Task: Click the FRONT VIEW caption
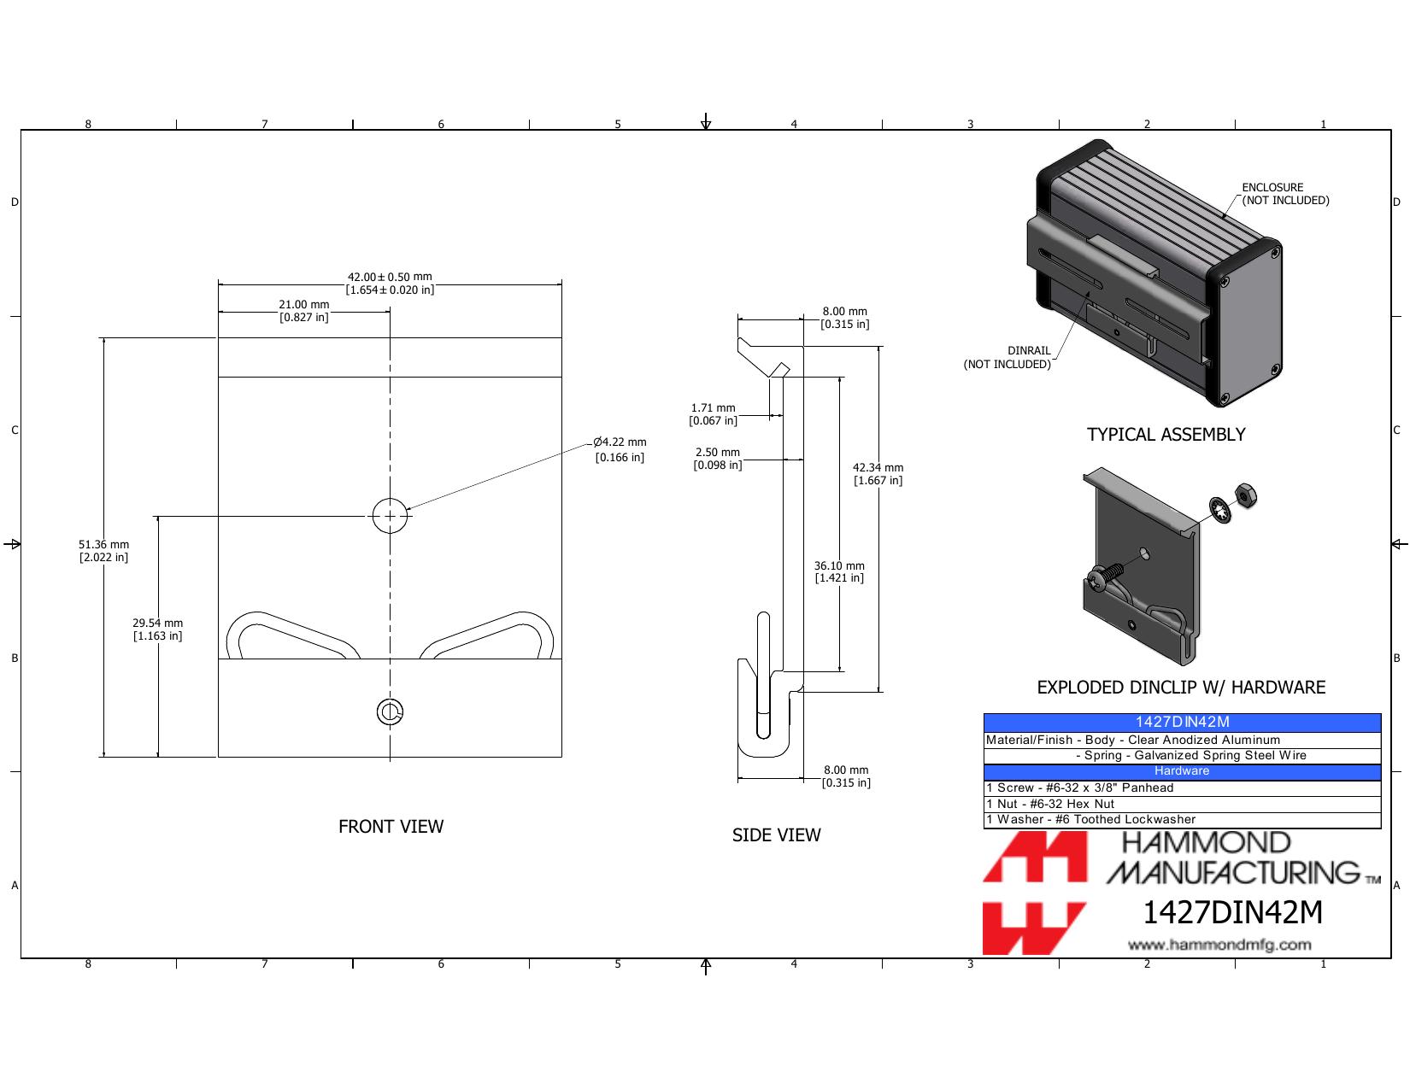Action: click(x=391, y=826)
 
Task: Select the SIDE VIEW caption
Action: click(x=776, y=834)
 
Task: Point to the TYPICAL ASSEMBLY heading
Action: click(x=1166, y=435)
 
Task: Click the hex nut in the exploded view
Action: click(x=1245, y=495)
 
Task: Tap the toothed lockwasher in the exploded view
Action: click(x=1220, y=510)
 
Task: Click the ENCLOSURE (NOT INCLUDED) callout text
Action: click(x=1284, y=194)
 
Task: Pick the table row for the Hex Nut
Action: click(x=1182, y=804)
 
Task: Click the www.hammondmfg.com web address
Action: click(x=1219, y=945)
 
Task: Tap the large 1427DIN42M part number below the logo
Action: click(x=1232, y=912)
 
